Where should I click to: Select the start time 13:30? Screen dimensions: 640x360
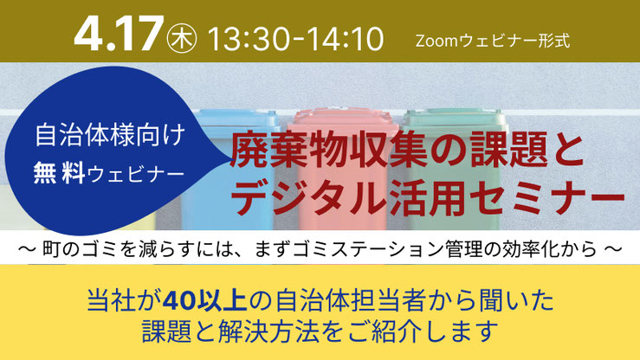[x=248, y=39]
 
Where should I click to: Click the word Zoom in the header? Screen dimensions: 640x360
[x=437, y=42]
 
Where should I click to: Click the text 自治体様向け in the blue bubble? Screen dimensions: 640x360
[x=110, y=134]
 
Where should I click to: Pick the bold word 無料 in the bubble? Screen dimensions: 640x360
[x=60, y=173]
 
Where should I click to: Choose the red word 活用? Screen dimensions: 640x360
[x=427, y=198]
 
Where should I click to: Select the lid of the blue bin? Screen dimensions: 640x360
[x=236, y=119]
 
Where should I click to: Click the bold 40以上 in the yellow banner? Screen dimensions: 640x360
[x=205, y=301]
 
